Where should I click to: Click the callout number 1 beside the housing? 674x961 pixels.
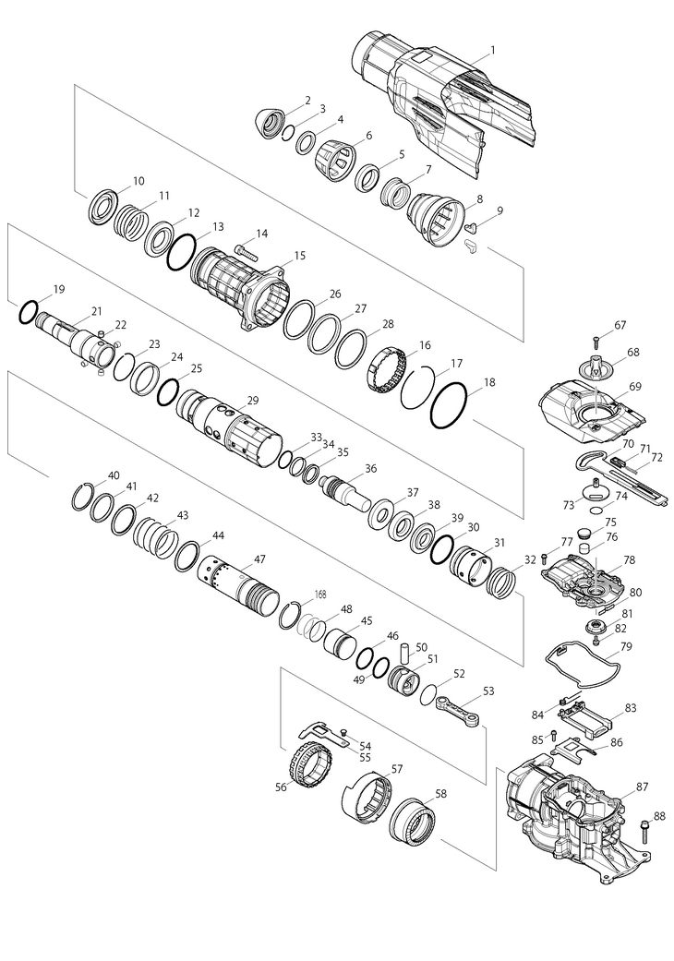pyautogui.click(x=492, y=50)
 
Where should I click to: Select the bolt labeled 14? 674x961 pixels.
pyautogui.click(x=243, y=249)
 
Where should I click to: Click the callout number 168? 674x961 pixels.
pyautogui.click(x=320, y=595)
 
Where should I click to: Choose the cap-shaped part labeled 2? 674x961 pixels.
pyautogui.click(x=270, y=123)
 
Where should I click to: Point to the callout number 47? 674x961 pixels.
pyautogui.click(x=260, y=559)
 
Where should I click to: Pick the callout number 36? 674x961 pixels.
pyautogui.click(x=370, y=468)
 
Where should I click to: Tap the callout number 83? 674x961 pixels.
pyautogui.click(x=632, y=707)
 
